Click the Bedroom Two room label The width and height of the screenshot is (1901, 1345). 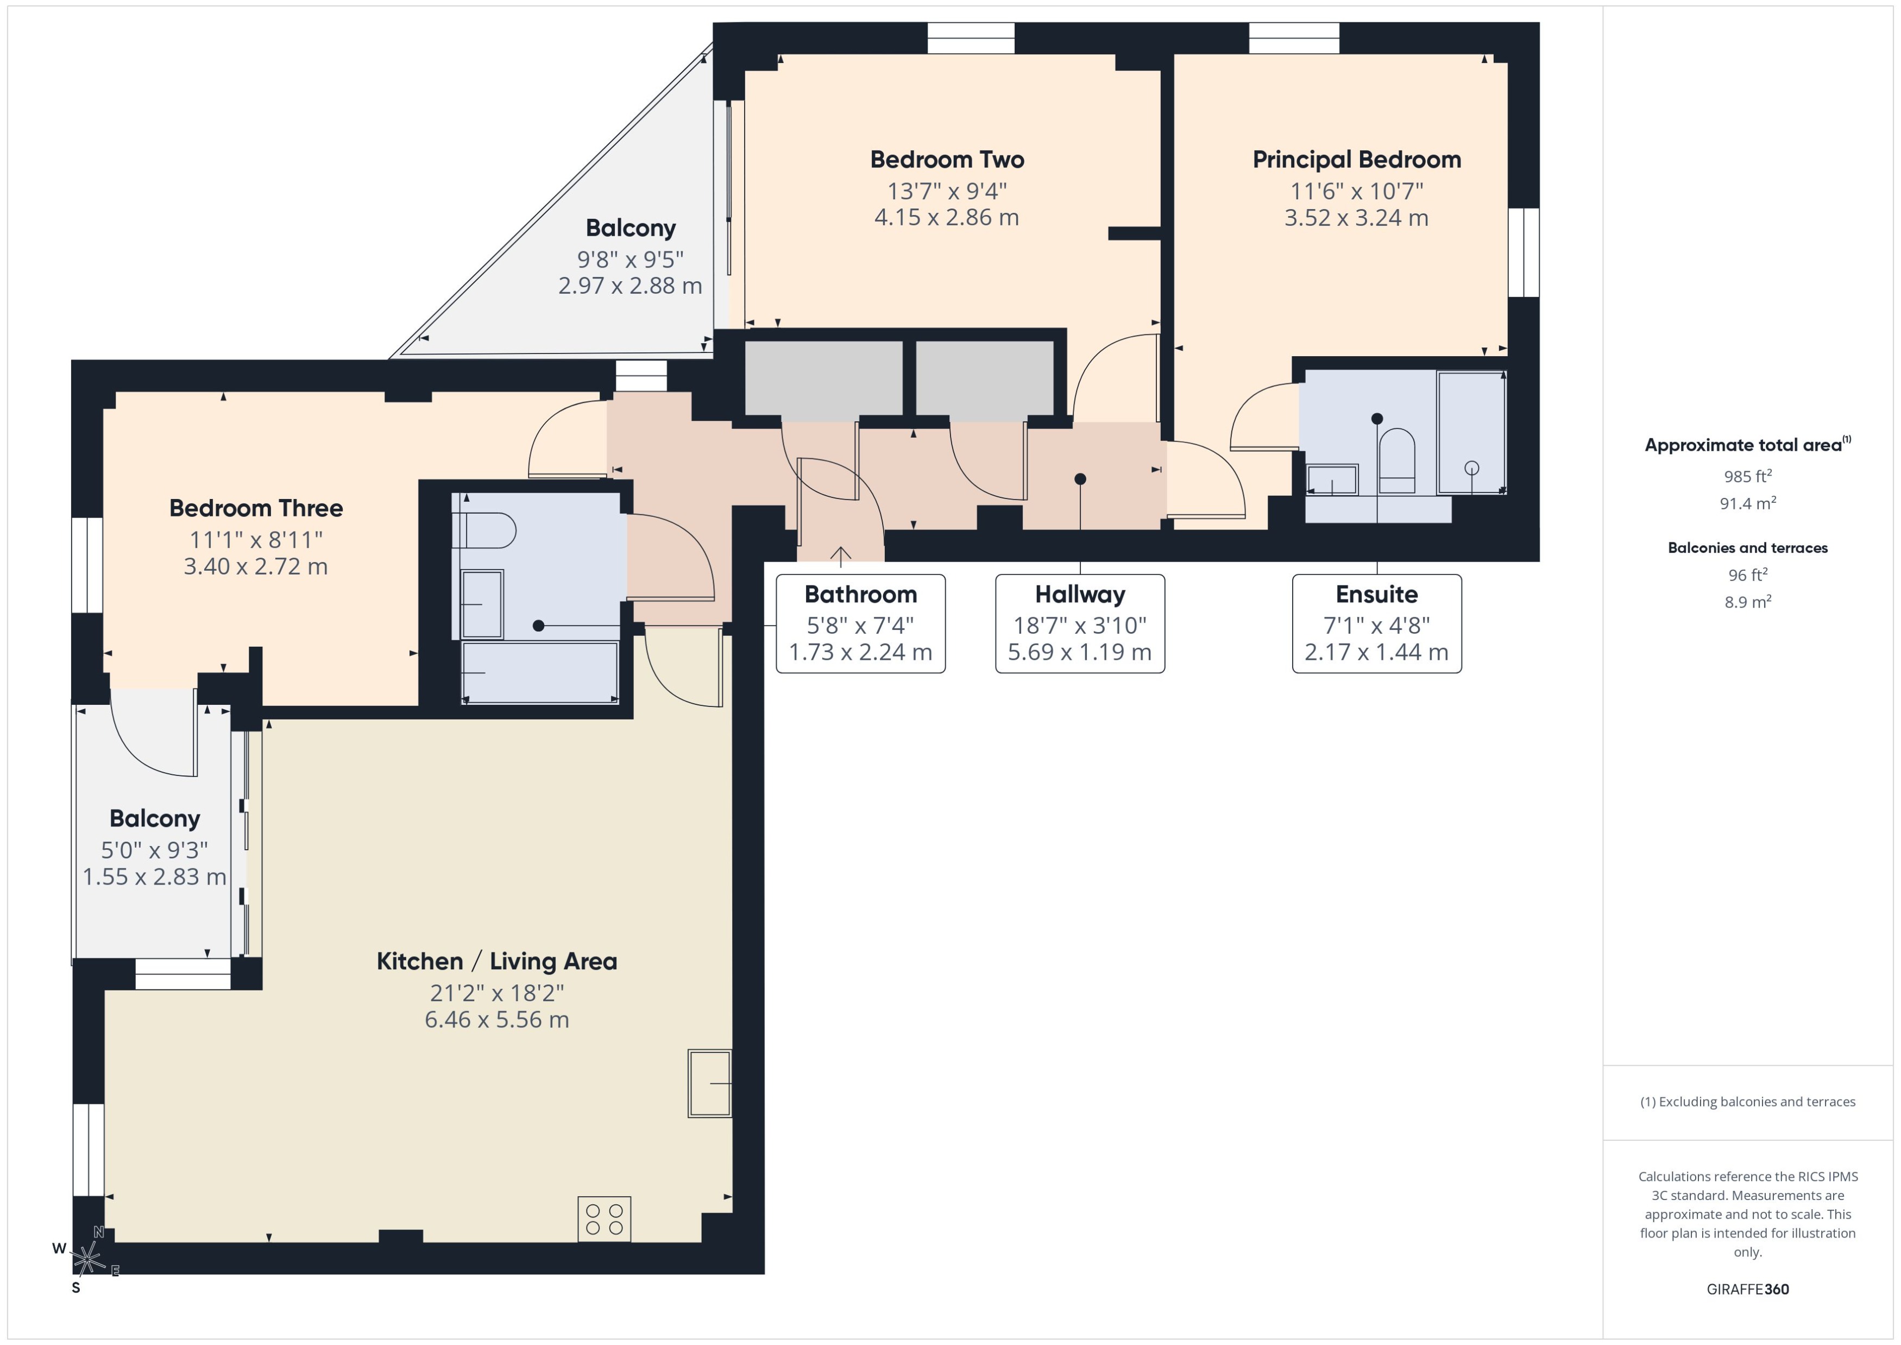coord(947,159)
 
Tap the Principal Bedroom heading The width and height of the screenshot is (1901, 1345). coord(1356,160)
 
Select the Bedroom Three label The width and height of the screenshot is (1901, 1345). coord(256,508)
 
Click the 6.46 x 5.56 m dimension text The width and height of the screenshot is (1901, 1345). coord(496,1020)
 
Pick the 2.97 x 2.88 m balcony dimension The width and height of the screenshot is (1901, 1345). coord(630,286)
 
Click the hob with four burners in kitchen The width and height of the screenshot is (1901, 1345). coord(604,1219)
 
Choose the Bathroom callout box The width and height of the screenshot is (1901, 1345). coord(861,624)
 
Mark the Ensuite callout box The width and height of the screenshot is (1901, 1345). coord(1377,624)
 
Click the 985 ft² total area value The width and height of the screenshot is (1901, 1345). coord(1748,476)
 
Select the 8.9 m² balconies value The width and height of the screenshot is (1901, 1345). coord(1748,601)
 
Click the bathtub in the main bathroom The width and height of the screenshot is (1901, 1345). coord(540,672)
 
